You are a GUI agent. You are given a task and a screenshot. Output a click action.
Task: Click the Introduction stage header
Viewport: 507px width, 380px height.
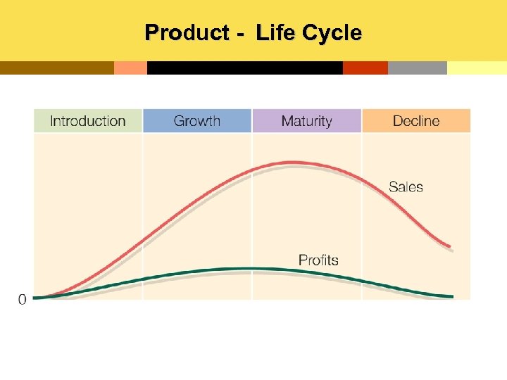pos(88,121)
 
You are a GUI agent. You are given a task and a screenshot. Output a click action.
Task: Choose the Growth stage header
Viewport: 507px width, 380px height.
pos(197,121)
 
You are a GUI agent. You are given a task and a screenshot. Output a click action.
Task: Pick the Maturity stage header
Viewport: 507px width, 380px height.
pos(306,121)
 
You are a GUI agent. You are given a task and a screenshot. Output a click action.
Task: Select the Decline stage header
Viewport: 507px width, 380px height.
pos(416,121)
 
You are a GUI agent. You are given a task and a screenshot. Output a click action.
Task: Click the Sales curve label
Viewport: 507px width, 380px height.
pos(406,186)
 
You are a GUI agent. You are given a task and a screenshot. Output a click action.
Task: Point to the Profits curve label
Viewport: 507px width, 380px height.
pos(318,260)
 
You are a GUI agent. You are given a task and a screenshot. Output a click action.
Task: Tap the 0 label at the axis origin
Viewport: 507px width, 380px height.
pos(22,300)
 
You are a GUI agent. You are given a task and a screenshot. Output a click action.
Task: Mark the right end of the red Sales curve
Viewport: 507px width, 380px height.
pos(450,246)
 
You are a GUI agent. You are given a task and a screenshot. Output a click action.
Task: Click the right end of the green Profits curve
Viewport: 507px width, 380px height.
pos(451,296)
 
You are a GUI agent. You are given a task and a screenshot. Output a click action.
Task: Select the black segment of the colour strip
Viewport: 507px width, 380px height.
pos(244,68)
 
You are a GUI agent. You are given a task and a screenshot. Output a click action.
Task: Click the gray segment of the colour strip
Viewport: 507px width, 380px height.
pos(417,68)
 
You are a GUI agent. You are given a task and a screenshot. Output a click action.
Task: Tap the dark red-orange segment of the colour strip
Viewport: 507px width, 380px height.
pos(365,68)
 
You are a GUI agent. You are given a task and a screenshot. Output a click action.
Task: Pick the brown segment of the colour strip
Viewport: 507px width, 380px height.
pos(56,68)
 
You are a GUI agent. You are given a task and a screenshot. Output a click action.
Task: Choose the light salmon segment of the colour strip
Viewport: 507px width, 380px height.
pos(130,68)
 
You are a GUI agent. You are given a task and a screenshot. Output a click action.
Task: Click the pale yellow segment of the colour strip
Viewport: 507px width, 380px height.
pos(477,68)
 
